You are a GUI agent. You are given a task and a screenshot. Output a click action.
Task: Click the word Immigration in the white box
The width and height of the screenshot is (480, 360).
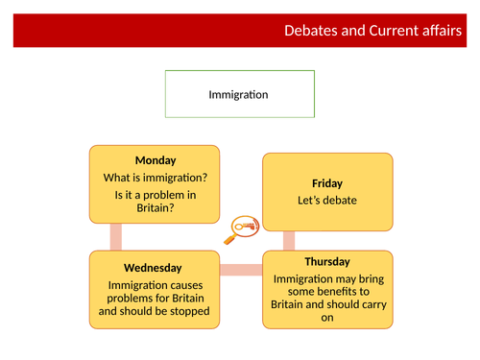(x=238, y=95)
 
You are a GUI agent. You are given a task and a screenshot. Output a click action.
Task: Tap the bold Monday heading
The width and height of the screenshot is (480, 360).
(x=156, y=160)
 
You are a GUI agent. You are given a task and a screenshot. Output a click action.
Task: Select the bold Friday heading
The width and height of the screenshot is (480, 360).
(x=327, y=182)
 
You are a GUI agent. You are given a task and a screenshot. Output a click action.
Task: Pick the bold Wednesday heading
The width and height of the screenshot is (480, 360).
(x=154, y=266)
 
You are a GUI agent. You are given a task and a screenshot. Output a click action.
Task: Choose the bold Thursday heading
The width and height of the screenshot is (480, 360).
(x=328, y=261)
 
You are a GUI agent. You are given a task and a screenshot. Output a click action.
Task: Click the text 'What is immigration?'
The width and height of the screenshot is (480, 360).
(x=156, y=178)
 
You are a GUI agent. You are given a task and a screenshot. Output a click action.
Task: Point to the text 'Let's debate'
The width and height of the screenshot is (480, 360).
(x=327, y=201)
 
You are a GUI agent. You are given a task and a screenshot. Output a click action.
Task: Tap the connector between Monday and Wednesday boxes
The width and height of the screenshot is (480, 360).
(x=116, y=236)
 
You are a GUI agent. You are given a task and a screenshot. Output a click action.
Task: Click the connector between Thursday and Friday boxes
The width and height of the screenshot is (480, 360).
(x=288, y=241)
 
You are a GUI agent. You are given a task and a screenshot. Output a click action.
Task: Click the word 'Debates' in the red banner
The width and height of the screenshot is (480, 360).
(x=314, y=31)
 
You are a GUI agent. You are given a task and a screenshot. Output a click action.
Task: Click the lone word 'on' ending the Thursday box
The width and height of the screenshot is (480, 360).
(x=328, y=319)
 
